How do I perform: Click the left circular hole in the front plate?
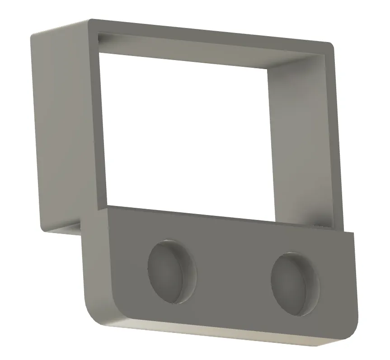click(x=172, y=271)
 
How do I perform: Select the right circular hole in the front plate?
click(x=295, y=283)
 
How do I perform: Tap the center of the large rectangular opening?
click(x=183, y=136)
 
